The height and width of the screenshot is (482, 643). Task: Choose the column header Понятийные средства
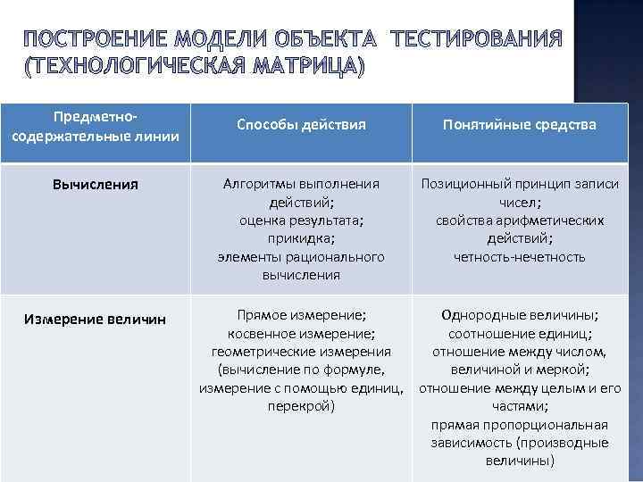520,125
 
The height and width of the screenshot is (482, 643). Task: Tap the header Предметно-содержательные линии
96,126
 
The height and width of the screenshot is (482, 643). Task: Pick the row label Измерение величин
96,320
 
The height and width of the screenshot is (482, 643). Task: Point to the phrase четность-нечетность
520,257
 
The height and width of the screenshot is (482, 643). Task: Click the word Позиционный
472,184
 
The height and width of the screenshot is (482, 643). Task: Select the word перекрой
300,406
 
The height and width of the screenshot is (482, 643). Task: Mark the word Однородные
487,315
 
